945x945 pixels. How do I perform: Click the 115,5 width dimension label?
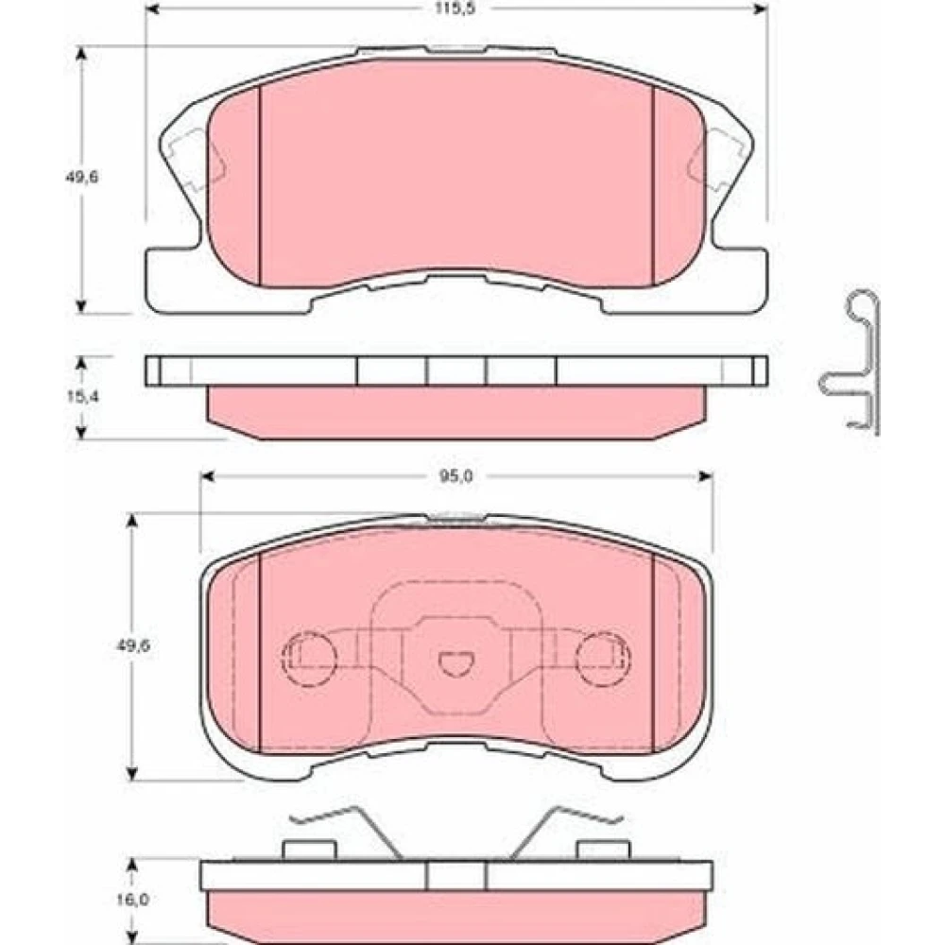456,9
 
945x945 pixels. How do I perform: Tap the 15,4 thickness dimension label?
82,396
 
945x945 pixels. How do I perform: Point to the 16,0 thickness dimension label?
133,900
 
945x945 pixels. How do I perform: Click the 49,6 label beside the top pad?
82,178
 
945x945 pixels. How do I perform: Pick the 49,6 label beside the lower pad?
133,645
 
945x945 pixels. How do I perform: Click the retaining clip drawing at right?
853,362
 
